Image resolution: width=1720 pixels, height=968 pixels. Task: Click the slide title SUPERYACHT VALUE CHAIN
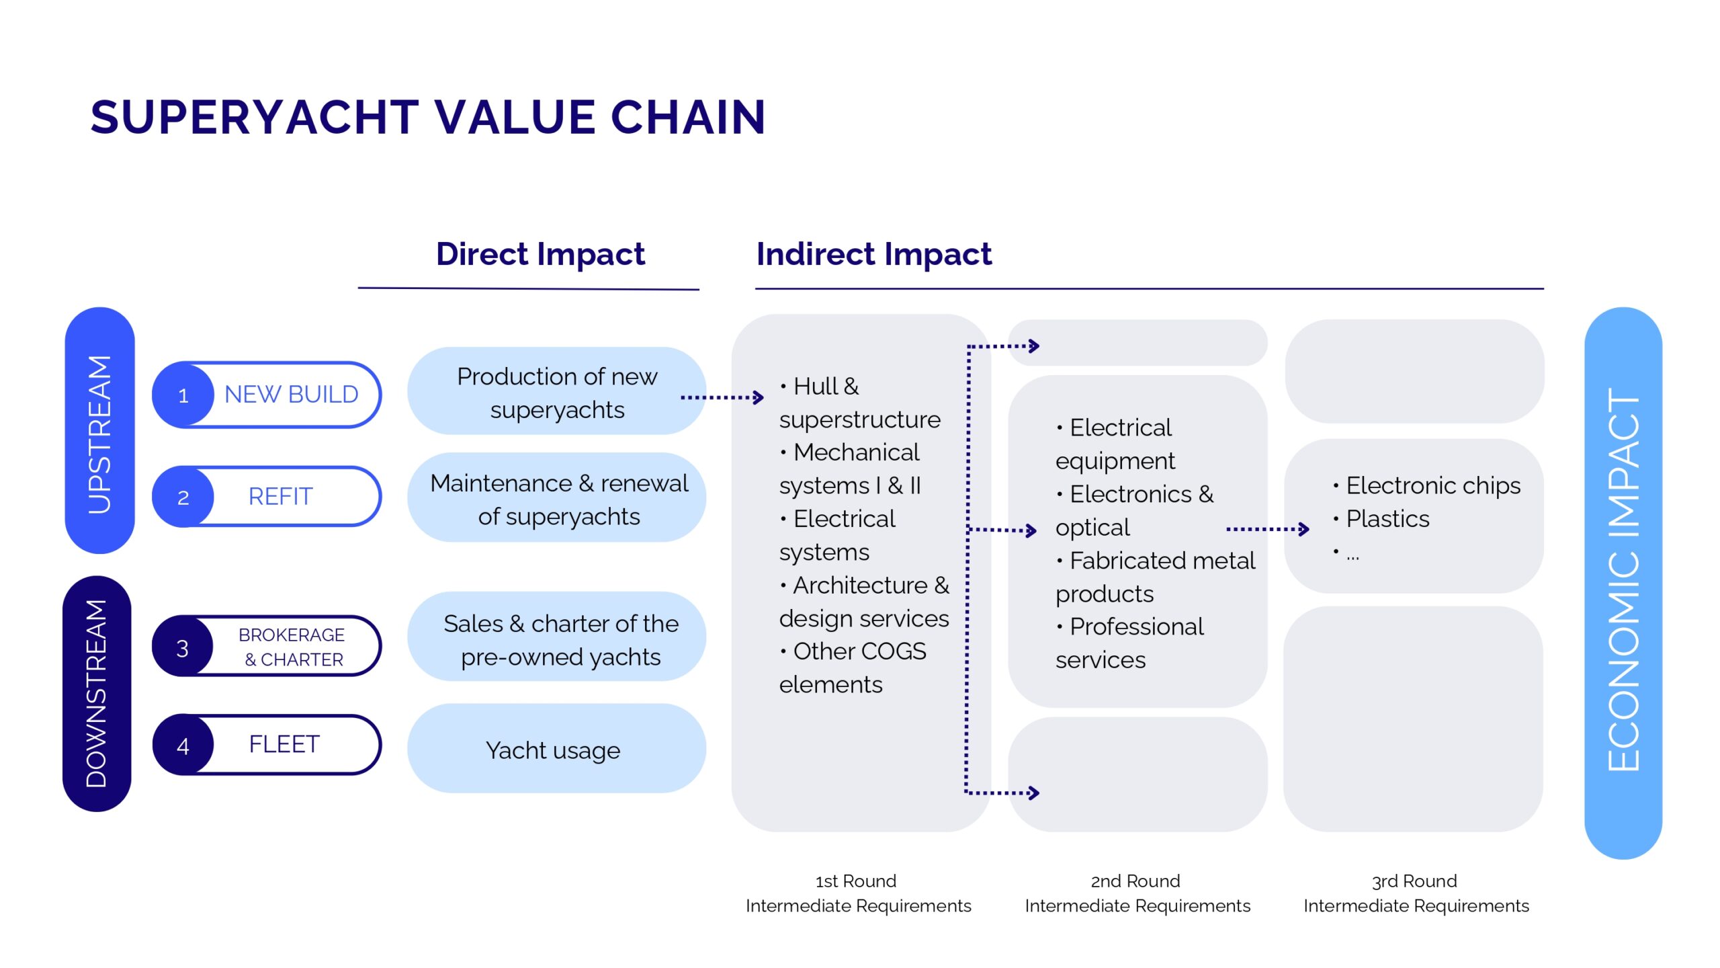[x=428, y=118]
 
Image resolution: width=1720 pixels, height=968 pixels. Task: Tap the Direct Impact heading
[x=540, y=254]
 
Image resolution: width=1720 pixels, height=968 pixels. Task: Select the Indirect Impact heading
[x=873, y=254]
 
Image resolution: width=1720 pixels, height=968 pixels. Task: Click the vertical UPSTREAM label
[x=99, y=434]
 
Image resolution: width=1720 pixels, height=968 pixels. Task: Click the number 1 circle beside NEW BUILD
[x=183, y=395]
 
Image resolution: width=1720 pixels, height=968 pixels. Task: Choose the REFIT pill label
[x=280, y=497]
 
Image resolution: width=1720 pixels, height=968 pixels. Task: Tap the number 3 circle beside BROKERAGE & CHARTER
[x=182, y=648]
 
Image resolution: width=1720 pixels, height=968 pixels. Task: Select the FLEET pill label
[x=284, y=745]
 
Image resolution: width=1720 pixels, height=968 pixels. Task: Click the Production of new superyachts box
[x=556, y=393]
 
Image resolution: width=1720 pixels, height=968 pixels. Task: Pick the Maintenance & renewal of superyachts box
[x=558, y=499]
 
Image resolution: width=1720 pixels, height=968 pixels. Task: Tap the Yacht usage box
[x=554, y=750]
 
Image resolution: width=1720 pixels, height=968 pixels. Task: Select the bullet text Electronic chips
[x=1432, y=485]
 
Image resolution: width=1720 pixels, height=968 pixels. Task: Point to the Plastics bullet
[x=1387, y=519]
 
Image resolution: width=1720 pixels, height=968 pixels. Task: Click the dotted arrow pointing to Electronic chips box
[x=1267, y=529]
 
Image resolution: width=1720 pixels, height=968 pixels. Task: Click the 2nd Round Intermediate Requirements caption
[x=1137, y=893]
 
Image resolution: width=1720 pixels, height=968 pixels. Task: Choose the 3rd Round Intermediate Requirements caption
[x=1416, y=893]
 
